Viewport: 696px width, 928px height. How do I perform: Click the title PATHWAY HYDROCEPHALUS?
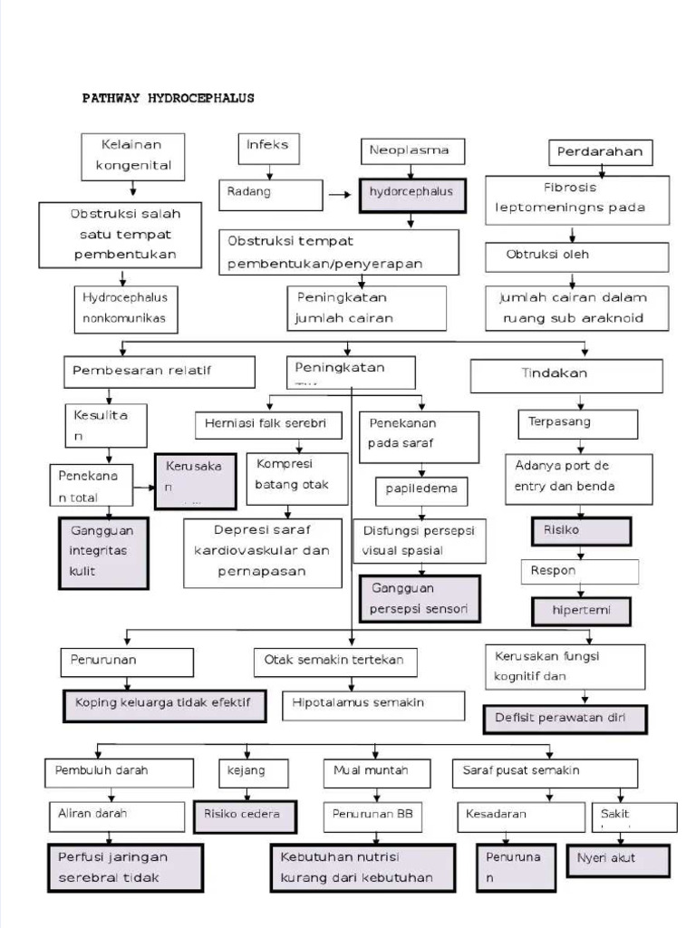pos(169,98)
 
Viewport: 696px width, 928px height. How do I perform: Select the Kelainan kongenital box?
pos(132,157)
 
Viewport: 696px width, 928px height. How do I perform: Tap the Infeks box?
pos(268,149)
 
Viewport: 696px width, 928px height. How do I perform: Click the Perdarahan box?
pos(600,151)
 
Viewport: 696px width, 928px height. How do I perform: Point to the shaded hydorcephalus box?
pos(412,194)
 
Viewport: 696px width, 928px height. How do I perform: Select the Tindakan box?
pos(565,375)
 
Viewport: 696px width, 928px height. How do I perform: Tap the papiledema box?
pos(421,490)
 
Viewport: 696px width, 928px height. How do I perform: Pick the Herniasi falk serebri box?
pos(268,424)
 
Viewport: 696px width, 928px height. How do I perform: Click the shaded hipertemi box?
pos(581,611)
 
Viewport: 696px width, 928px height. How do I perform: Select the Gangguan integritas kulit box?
pos(103,553)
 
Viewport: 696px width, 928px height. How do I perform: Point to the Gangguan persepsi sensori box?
pos(420,599)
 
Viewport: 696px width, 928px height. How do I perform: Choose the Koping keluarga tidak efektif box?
pos(164,705)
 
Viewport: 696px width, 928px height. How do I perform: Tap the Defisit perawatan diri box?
pos(565,719)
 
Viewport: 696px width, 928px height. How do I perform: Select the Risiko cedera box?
pos(242,816)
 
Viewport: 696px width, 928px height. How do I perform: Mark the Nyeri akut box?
pos(618,859)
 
